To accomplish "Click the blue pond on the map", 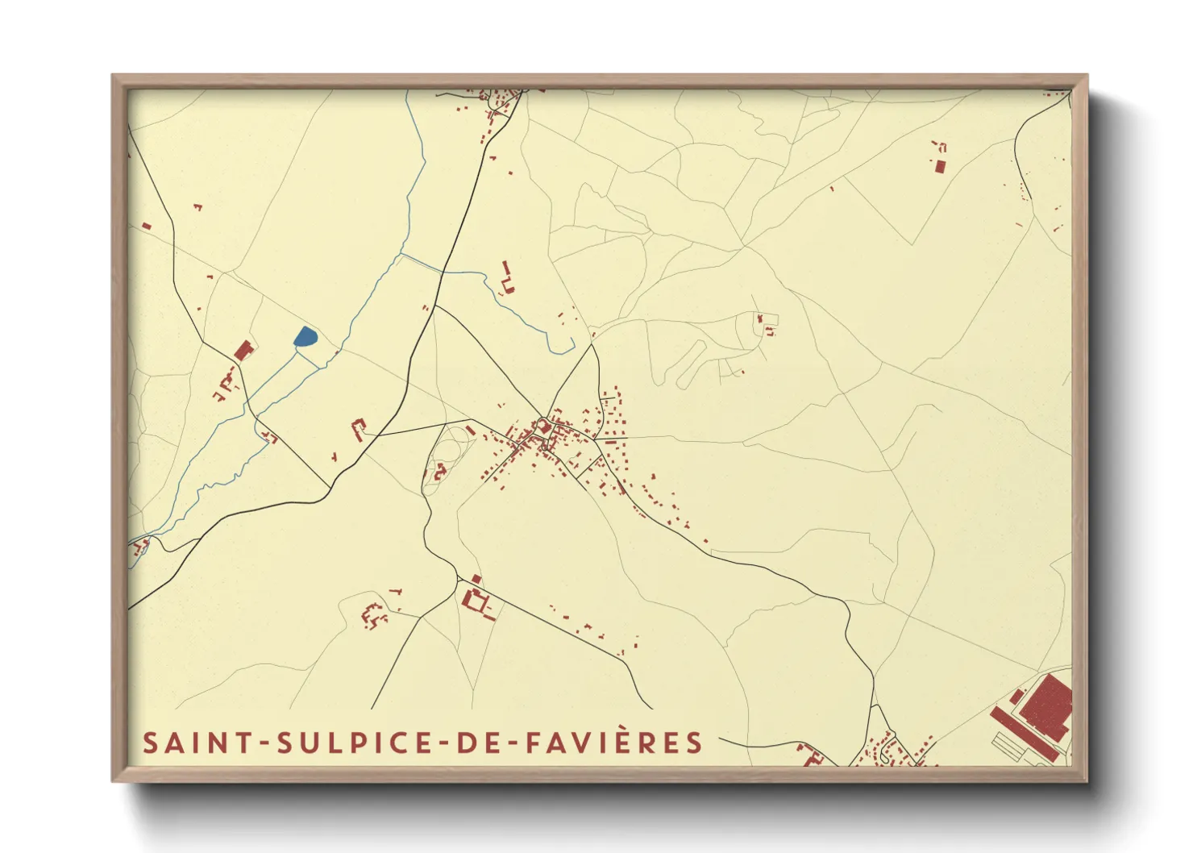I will [x=306, y=337].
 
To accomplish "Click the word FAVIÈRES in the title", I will [x=615, y=743].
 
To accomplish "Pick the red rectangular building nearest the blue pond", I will [x=243, y=351].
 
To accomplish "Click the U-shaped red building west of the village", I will [x=358, y=428].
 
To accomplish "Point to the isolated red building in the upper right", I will [x=940, y=166].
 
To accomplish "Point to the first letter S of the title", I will [x=151, y=743].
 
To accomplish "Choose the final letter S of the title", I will [x=695, y=743].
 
